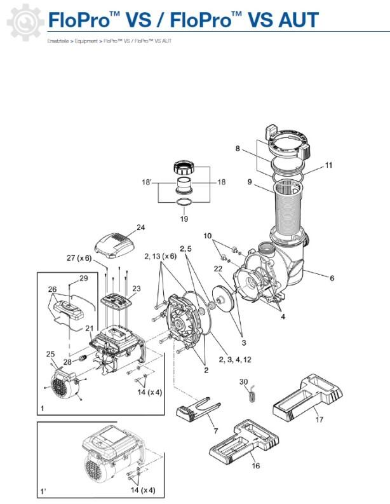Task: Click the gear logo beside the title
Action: pos(25,22)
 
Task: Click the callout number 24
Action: pos(140,228)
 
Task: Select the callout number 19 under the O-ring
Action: pos(184,219)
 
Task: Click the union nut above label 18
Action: pos(183,168)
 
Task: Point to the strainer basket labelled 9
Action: pos(288,206)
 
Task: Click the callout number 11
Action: pos(328,165)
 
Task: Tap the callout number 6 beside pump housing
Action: pos(332,278)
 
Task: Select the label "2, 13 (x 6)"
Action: pos(161,256)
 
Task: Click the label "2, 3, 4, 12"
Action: pos(235,360)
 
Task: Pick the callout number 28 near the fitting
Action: pos(67,362)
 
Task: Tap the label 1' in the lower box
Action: pos(43,491)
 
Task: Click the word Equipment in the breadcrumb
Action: pos(86,41)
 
